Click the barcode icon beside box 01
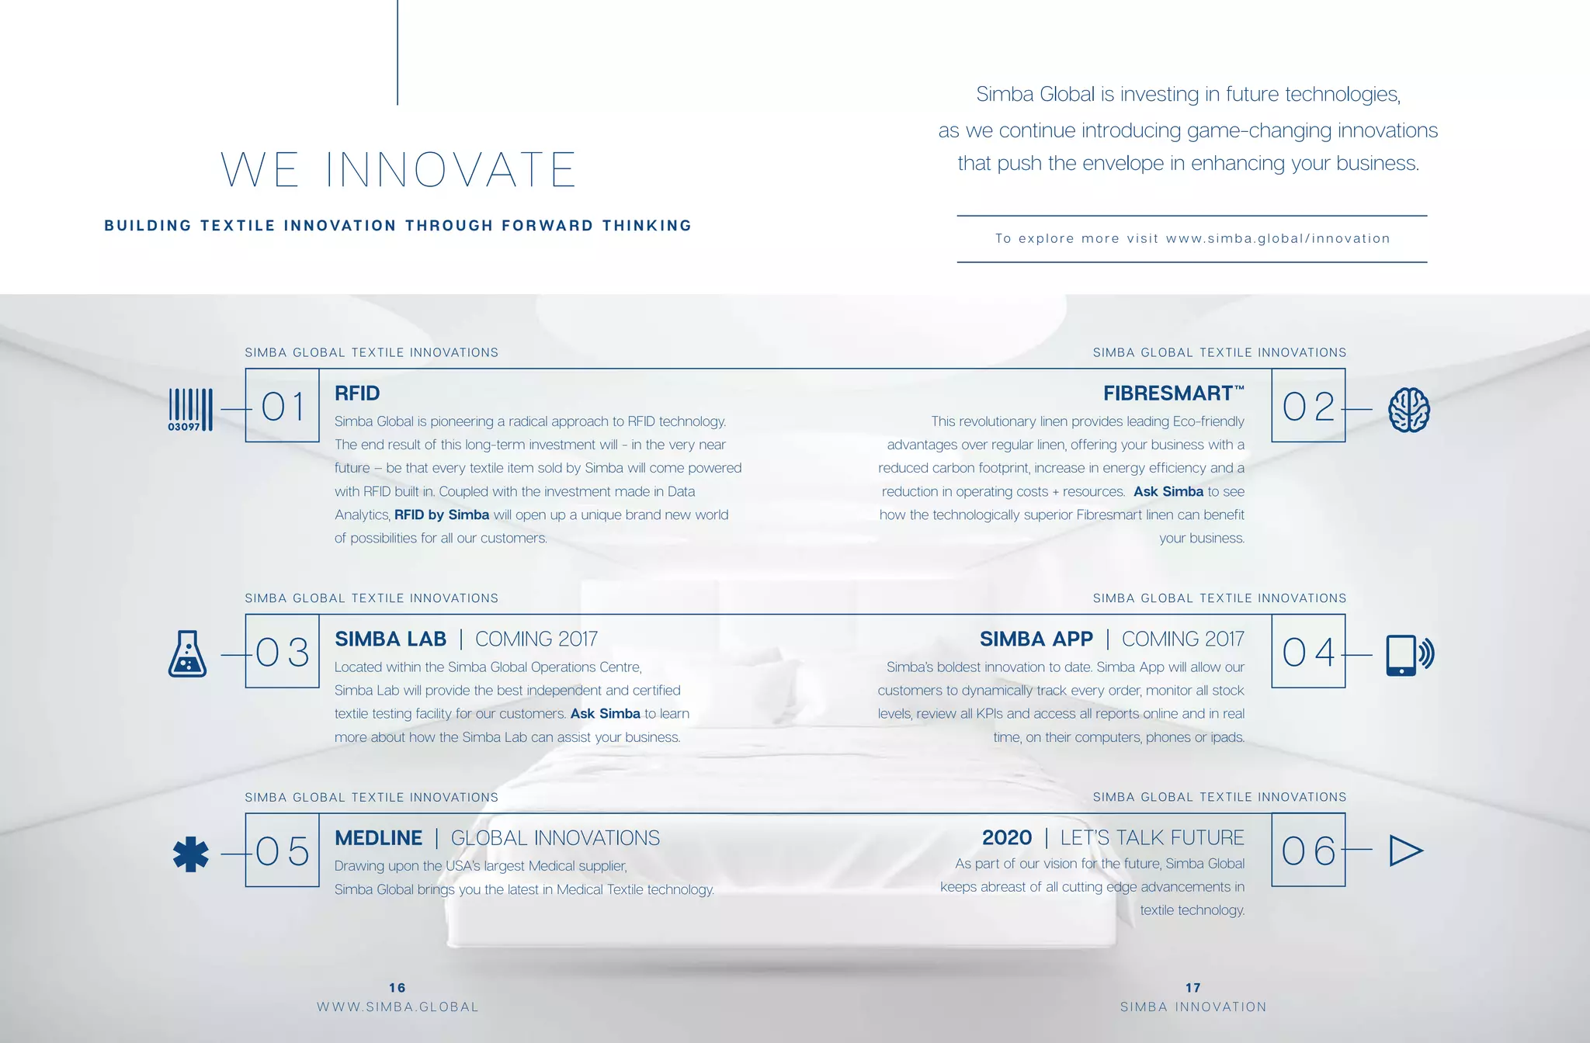pos(190,409)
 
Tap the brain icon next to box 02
pos(1408,409)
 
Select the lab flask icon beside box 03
pos(187,653)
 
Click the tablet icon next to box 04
pos(1408,654)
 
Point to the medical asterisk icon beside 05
pos(190,854)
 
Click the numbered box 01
pos(283,406)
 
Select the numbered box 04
pos(1308,651)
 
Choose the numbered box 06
pos(1308,851)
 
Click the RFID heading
pos(357,393)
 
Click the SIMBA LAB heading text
pos(391,639)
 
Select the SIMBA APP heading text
pos(1036,639)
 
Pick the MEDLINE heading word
pos(378,838)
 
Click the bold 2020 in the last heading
pos(1006,838)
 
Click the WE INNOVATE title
pos(398,170)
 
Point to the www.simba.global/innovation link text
pos(1278,239)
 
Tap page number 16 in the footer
pos(397,988)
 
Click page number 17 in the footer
pos(1192,988)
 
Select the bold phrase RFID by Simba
pos(442,515)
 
